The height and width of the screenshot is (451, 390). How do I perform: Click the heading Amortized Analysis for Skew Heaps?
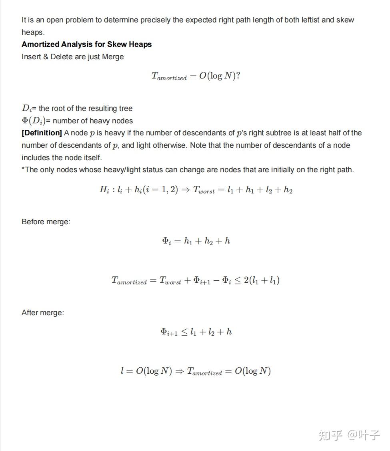[86, 44]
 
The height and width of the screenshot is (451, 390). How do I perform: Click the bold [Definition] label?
[42, 133]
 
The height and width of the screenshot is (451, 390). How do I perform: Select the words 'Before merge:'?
[46, 222]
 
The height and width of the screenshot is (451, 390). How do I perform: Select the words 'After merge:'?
[42, 313]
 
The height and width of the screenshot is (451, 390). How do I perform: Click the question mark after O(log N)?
[238, 76]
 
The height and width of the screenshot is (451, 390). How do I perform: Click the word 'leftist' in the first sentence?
[306, 20]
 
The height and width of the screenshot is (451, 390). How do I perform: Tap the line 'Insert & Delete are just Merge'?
[72, 57]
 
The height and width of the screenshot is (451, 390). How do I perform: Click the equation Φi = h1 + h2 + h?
[196, 241]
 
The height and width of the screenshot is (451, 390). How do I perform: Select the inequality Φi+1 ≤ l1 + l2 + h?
[196, 332]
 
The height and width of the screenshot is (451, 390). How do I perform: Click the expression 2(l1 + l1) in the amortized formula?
[262, 280]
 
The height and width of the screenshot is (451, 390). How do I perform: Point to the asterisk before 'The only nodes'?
[23, 169]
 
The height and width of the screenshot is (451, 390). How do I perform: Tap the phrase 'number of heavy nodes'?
[92, 121]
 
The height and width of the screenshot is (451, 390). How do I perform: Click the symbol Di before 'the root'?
[26, 109]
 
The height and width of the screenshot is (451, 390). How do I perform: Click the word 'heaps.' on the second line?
[33, 32]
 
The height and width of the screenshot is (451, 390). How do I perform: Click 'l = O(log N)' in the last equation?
[146, 371]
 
